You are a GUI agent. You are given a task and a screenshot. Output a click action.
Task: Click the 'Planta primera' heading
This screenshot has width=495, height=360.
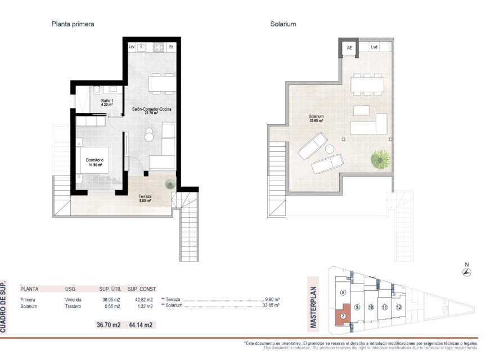tap(73, 24)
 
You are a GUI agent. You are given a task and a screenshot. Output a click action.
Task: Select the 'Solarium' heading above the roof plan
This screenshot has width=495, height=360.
tap(283, 24)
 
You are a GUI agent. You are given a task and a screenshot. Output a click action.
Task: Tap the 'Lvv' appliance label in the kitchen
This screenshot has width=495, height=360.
tap(132, 47)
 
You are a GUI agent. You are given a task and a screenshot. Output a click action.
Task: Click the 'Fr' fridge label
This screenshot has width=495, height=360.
tap(171, 47)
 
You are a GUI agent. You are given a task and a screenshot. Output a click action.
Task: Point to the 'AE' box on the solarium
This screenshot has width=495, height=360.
tap(349, 48)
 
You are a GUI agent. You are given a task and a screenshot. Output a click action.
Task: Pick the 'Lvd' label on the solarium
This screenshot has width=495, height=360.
tap(374, 47)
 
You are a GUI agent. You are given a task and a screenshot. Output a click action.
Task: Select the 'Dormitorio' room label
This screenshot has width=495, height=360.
tap(95, 163)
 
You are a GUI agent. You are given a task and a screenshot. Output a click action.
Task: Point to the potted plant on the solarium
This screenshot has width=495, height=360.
tap(380, 159)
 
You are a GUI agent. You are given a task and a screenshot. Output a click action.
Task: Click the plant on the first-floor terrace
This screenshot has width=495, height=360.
tap(169, 184)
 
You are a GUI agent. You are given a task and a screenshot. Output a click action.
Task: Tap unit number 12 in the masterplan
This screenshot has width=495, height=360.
tap(398, 307)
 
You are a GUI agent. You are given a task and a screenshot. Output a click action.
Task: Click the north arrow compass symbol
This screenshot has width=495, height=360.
tap(466, 272)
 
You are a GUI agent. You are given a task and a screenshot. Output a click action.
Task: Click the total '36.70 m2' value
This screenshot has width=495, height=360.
tap(110, 325)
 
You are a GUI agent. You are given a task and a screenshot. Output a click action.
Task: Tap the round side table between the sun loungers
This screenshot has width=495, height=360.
tap(330, 148)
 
